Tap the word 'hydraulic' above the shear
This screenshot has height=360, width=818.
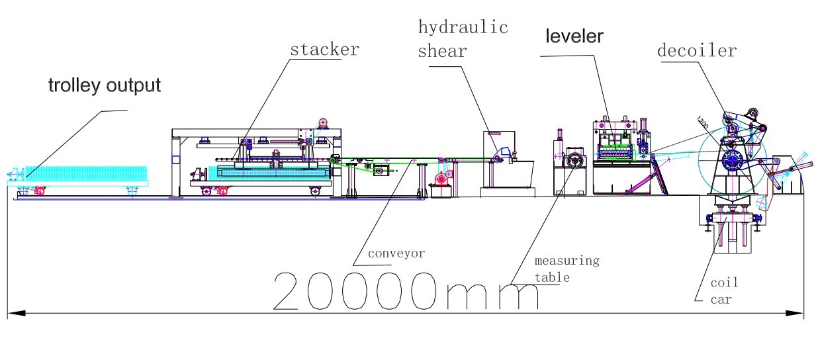point(463,28)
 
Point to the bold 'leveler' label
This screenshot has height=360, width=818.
point(574,36)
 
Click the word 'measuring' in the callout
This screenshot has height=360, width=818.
point(567,260)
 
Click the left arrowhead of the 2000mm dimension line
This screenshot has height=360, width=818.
point(13,312)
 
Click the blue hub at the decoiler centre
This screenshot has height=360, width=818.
point(732,159)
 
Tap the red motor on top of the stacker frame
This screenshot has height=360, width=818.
point(324,123)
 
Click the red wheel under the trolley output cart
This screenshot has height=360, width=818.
point(39,192)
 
